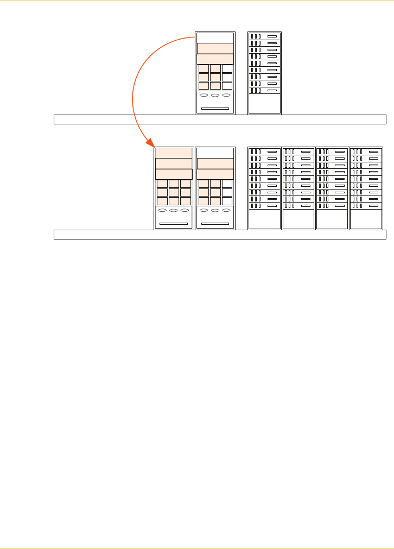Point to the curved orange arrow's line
134,92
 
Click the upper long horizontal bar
220,119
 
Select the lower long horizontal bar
220,235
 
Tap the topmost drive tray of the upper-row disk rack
264,36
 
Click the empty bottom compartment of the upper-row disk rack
264,103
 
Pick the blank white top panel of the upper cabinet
215,37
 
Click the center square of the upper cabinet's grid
215,77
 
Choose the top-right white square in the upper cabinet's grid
227,69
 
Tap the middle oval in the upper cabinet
215,95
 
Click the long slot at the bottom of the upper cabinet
215,109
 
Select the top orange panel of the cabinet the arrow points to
174,153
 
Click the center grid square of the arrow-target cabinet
174,192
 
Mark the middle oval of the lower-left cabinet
174,210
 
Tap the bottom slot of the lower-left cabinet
174,224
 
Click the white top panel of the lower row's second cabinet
215,153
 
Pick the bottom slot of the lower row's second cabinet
215,224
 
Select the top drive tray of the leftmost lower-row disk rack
264,152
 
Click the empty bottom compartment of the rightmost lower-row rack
366,218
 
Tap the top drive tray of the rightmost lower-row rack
366,152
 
